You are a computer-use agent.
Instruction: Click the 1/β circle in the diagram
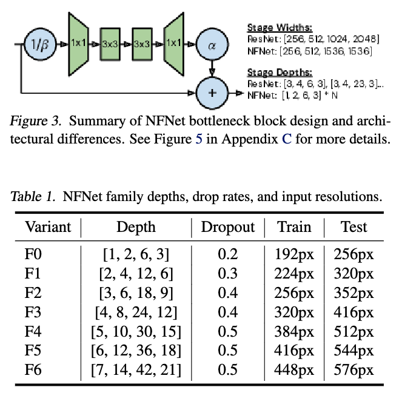(39, 44)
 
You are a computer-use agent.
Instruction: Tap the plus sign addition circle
(212, 93)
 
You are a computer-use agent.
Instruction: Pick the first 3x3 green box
(110, 44)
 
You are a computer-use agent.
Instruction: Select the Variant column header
(47, 227)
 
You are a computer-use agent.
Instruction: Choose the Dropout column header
(228, 227)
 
